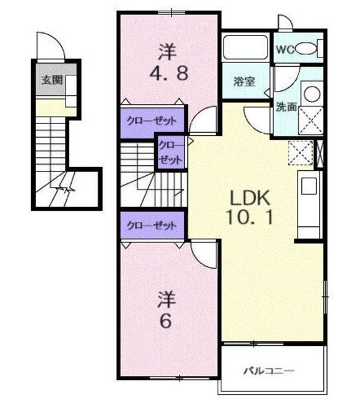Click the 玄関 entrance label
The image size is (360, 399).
coord(52,80)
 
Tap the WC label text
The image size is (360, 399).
coord(285,49)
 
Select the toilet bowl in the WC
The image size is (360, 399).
coord(306,49)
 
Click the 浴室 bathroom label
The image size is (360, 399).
coord(244,82)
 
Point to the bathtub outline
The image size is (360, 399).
coord(245,47)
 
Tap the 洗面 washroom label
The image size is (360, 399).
coord(286,107)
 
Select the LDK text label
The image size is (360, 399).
coord(250,198)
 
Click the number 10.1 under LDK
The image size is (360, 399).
coord(250,217)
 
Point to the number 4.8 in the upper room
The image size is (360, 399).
coord(169,73)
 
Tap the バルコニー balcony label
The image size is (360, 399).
coord(269,371)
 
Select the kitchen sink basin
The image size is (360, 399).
coord(309,186)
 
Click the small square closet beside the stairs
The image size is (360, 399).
coord(170,152)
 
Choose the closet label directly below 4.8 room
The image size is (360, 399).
coord(152,120)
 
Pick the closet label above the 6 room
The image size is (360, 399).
coord(152,226)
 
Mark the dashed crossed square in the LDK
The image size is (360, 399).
coord(301,153)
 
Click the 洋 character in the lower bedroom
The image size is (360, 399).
coord(167,300)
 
